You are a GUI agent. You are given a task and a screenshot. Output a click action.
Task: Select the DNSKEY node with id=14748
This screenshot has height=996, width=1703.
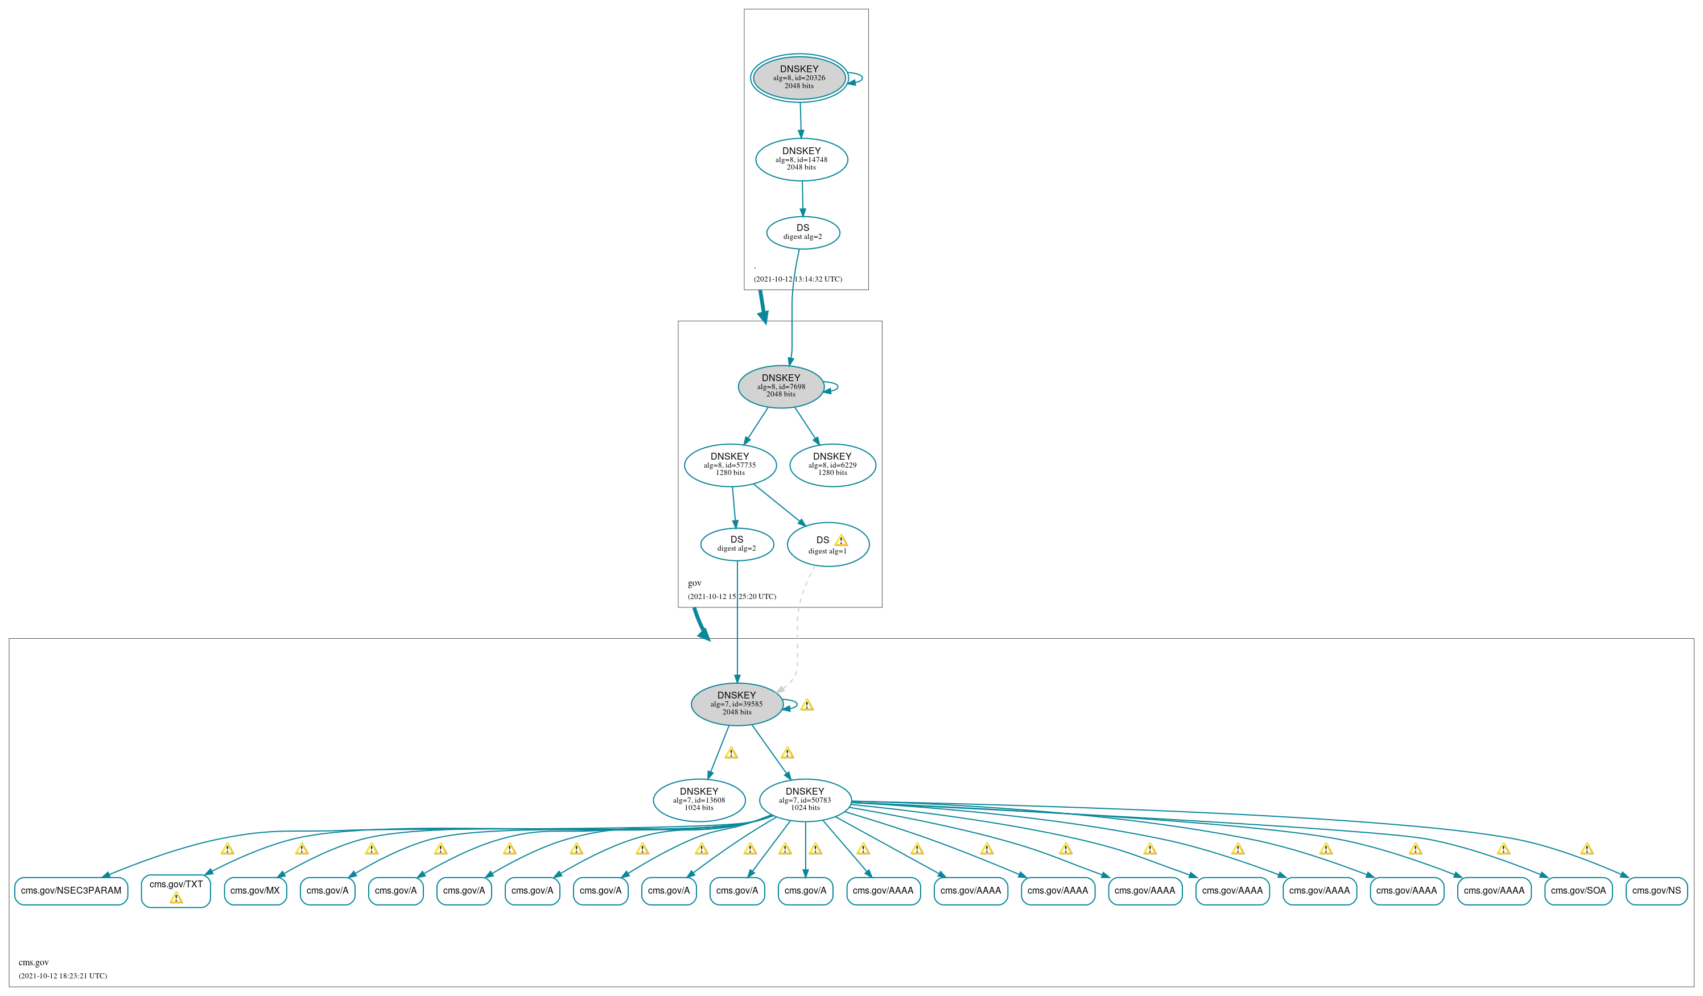802,159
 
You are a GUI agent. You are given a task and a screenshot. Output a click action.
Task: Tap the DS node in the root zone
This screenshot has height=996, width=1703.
803,233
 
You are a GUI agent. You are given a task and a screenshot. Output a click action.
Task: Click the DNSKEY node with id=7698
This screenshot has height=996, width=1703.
781,386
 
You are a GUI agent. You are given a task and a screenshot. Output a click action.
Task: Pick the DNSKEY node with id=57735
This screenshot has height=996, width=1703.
730,465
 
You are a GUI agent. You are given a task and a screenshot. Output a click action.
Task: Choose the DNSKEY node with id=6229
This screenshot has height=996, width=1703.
832,465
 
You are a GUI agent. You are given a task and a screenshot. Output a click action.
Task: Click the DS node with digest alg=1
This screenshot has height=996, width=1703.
828,544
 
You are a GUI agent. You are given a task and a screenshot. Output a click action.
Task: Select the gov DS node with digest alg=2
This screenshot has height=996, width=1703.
737,544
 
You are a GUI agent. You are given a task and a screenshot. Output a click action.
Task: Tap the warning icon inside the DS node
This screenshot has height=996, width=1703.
840,540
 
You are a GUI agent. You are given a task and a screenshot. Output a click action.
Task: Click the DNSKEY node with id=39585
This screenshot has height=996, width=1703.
737,704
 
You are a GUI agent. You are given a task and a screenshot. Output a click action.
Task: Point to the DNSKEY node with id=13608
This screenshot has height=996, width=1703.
699,800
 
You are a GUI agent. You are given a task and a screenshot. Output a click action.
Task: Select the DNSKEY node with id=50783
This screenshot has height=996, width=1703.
805,800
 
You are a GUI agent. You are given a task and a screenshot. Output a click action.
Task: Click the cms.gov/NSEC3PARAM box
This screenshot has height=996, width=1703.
71,891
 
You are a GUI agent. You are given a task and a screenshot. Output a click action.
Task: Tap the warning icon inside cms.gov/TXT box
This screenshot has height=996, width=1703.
176,898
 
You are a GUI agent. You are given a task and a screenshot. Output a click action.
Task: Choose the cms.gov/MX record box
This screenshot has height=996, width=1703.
255,891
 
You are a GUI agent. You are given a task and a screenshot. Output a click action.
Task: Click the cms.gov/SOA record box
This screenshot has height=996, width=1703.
1578,891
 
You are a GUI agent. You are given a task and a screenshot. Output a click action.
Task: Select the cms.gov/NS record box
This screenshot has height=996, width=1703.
1656,891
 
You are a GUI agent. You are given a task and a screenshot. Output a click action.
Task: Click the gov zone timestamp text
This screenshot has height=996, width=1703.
731,597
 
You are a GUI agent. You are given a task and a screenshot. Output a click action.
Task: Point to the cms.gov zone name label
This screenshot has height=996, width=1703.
34,962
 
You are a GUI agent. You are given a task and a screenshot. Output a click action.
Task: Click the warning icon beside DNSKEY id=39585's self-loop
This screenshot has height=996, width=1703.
807,705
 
